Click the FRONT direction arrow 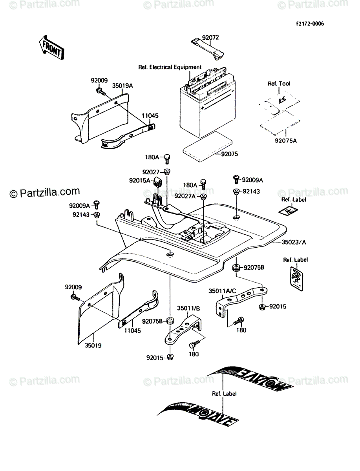click(51, 47)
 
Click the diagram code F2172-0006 click(310, 24)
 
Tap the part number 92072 click(210, 38)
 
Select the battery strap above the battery click(207, 49)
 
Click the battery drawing click(207, 102)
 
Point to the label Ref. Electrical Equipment click(170, 67)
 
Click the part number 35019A click(122, 86)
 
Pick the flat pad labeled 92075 click(207, 146)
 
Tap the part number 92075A click(286, 141)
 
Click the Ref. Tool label click(279, 84)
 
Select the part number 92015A click(140, 181)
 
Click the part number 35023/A click(294, 242)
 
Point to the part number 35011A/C click(222, 291)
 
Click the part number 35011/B click(188, 309)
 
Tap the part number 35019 click(93, 346)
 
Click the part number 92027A click(185, 196)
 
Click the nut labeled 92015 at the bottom click(170, 357)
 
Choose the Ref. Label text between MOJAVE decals click(224, 394)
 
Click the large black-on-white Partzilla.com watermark click(45, 192)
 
